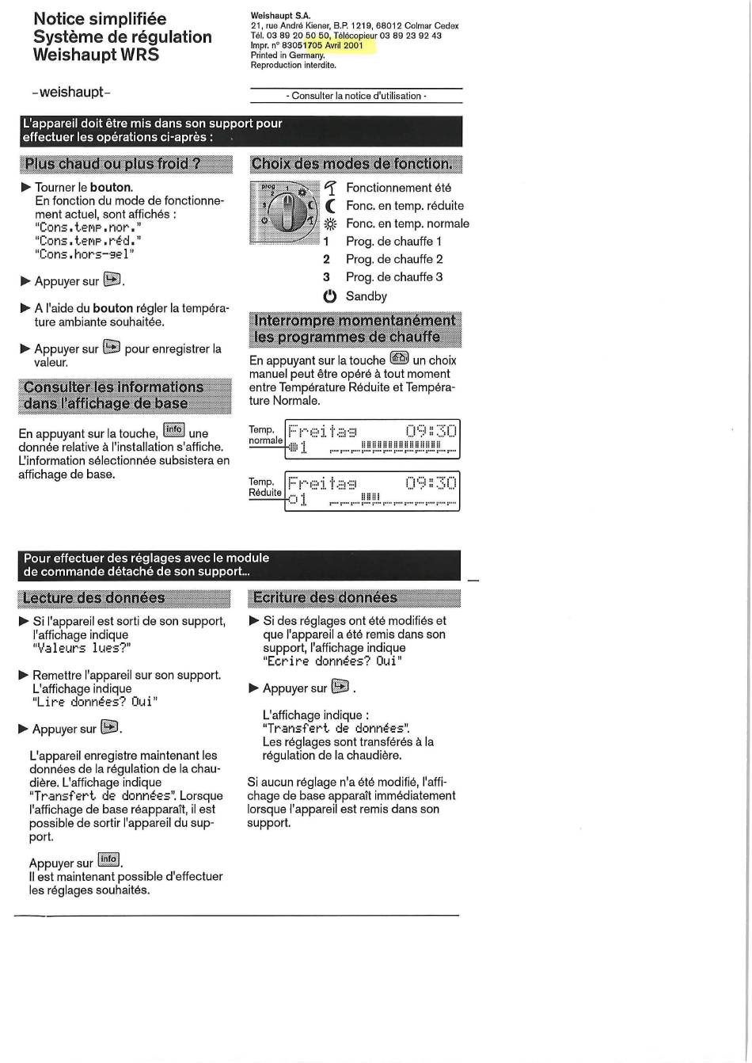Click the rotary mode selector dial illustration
coord(283,212)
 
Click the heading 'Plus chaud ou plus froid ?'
coord(112,164)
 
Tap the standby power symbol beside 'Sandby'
coord(329,296)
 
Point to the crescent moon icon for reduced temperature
coord(330,206)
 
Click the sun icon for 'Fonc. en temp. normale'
coord(330,224)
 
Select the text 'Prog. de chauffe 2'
coord(393,259)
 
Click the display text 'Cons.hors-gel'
coord(85,253)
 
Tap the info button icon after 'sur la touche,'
coord(173,430)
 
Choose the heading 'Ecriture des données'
coord(325,597)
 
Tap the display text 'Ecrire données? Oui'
coord(332,661)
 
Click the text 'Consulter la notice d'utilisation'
coord(356,96)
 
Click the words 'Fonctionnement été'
coord(398,188)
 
